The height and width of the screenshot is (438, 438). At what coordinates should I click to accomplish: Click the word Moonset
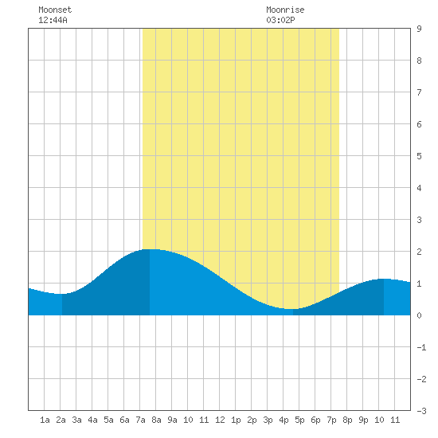pyautogui.click(x=55, y=10)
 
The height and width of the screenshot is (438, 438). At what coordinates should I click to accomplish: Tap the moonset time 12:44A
pyautogui.click(x=53, y=20)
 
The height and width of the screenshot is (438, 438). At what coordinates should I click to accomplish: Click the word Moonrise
pyautogui.click(x=285, y=10)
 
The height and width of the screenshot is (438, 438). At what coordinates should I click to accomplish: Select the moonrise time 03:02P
pyautogui.click(x=280, y=20)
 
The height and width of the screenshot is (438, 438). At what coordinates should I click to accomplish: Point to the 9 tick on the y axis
pyautogui.click(x=419, y=29)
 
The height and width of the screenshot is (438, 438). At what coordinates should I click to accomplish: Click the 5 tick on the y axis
pyautogui.click(x=419, y=156)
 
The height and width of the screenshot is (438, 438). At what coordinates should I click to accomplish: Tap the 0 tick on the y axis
pyautogui.click(x=419, y=315)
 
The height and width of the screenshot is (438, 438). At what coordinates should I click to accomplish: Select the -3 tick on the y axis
pyautogui.click(x=422, y=411)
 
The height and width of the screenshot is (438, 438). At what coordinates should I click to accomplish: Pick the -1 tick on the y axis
pyautogui.click(x=422, y=347)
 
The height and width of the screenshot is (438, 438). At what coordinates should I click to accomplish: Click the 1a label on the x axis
pyautogui.click(x=45, y=420)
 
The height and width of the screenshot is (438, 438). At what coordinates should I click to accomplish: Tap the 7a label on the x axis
pyautogui.click(x=140, y=420)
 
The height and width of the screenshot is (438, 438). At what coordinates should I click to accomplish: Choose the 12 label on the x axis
pyautogui.click(x=220, y=420)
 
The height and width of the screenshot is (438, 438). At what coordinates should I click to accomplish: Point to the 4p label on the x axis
pyautogui.click(x=284, y=420)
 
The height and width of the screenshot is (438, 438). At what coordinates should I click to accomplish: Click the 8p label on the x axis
pyautogui.click(x=347, y=420)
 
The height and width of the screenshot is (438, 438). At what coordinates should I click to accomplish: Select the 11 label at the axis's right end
pyautogui.click(x=395, y=420)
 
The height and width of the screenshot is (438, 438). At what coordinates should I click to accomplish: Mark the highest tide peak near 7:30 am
pyautogui.click(x=150, y=249)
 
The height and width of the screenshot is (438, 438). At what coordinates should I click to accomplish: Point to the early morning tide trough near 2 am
pyautogui.click(x=62, y=294)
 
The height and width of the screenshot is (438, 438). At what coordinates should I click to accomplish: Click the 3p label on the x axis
pyautogui.click(x=268, y=420)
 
